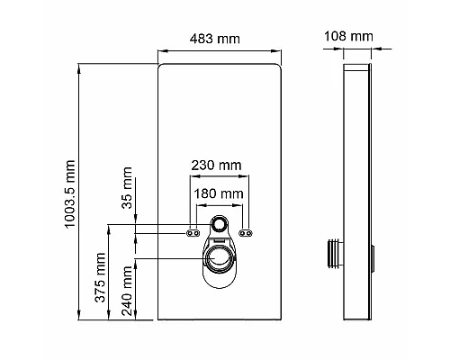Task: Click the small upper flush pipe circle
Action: (x=218, y=224)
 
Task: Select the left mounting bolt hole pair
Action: (x=192, y=232)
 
